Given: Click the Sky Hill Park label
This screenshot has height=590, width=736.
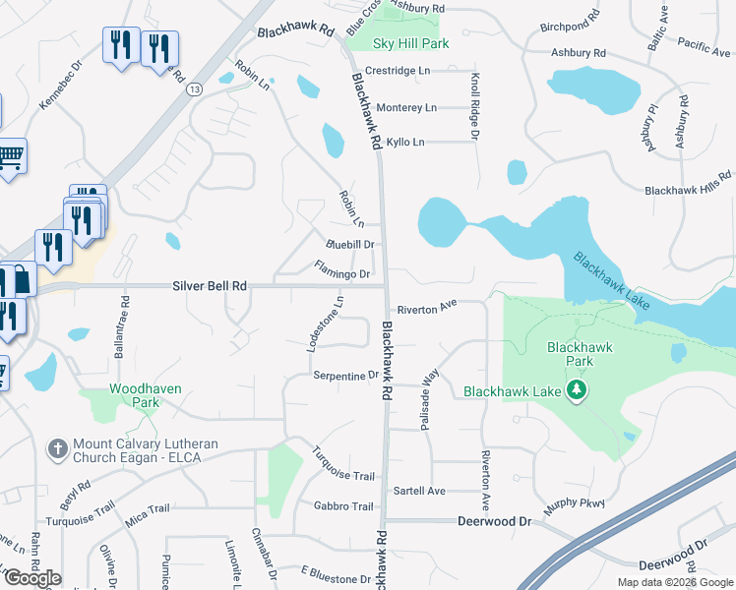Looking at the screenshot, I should (x=411, y=44).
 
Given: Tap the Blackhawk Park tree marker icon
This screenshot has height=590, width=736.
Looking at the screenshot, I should (x=578, y=391).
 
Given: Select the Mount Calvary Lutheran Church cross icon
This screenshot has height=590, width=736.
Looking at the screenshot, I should (x=58, y=448).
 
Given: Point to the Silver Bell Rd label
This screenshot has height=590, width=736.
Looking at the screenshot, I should (x=209, y=285).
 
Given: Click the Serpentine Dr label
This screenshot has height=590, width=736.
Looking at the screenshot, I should (x=345, y=376).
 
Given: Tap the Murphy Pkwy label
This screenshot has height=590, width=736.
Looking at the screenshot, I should (x=579, y=504).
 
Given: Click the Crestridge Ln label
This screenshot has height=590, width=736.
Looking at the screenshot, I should (x=398, y=71).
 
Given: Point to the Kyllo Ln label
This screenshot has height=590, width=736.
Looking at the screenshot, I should (x=405, y=143).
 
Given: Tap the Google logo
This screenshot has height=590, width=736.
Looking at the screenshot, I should (x=32, y=578).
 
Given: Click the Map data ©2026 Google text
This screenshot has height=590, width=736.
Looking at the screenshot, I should (x=674, y=582).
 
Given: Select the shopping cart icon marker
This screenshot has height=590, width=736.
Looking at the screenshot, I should (x=10, y=155).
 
